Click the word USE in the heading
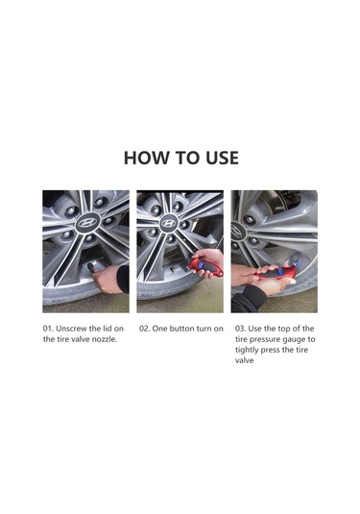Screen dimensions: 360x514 click(x=222, y=158)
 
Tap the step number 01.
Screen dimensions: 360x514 click(x=48, y=329)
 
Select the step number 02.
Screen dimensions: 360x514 click(x=144, y=329)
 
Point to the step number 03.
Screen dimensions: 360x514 click(x=240, y=329)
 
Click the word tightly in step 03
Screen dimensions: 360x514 click(x=247, y=350)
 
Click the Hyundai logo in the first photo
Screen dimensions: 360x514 click(x=86, y=223)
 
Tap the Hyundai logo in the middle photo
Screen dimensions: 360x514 click(x=168, y=223)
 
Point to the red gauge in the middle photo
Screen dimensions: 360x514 click(x=205, y=267)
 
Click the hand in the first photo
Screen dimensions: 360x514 click(x=106, y=280)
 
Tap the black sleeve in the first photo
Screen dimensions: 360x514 click(x=123, y=279)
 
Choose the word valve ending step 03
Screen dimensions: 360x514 click(x=245, y=360)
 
